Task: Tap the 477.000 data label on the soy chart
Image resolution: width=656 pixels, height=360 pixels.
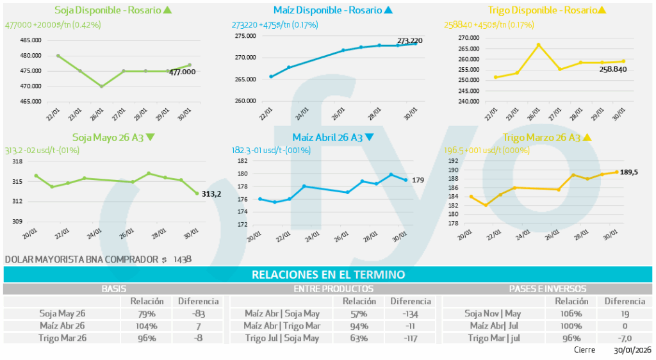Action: pos(182,72)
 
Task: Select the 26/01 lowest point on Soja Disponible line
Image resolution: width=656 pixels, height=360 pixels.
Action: pos(101,86)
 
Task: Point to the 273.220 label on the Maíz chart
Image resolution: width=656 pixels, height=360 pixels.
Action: pos(410,40)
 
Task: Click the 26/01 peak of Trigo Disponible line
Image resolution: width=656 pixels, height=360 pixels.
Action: pos(538,45)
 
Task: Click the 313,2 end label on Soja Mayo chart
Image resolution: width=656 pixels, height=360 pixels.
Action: pos(211,193)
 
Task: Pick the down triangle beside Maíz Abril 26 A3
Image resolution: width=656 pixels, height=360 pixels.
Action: pos(369,137)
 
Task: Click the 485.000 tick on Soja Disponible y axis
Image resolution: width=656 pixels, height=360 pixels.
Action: pos(31,40)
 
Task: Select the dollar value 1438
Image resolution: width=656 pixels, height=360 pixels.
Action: pos(183,259)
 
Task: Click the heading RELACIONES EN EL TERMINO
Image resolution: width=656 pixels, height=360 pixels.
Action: pos(328,275)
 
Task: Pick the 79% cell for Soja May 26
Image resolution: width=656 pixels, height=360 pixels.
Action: pos(147,314)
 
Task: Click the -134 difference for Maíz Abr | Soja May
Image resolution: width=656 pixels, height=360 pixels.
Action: pos(411,314)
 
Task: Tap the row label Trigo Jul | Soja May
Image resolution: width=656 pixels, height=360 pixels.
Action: pos(282,338)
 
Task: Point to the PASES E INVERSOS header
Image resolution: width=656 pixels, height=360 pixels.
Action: pos(546,289)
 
